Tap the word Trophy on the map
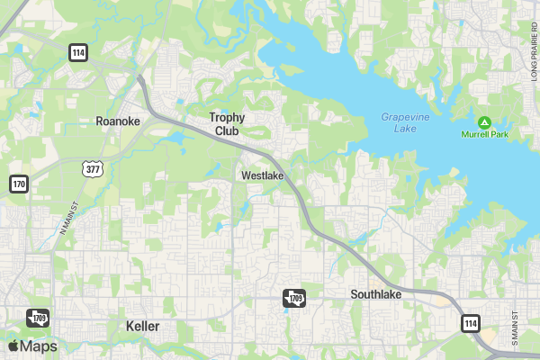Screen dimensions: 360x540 click(227, 117)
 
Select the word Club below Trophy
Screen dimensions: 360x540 click(227, 130)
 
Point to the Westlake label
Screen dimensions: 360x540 click(263, 176)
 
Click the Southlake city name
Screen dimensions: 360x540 click(376, 294)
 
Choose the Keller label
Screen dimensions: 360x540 click(143, 326)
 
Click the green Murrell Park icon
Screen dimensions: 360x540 click(484, 121)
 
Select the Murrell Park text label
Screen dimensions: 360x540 click(484, 134)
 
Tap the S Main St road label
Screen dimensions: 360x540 click(516, 330)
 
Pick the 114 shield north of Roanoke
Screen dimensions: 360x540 click(78, 53)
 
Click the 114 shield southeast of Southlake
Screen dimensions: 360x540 click(470, 322)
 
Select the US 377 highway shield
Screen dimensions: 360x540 click(91, 167)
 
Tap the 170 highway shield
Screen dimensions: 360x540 click(19, 184)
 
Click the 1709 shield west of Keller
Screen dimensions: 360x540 click(37, 317)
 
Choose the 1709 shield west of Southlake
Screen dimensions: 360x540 click(294, 298)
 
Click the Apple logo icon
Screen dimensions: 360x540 click(13, 346)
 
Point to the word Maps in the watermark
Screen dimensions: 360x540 click(39, 346)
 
